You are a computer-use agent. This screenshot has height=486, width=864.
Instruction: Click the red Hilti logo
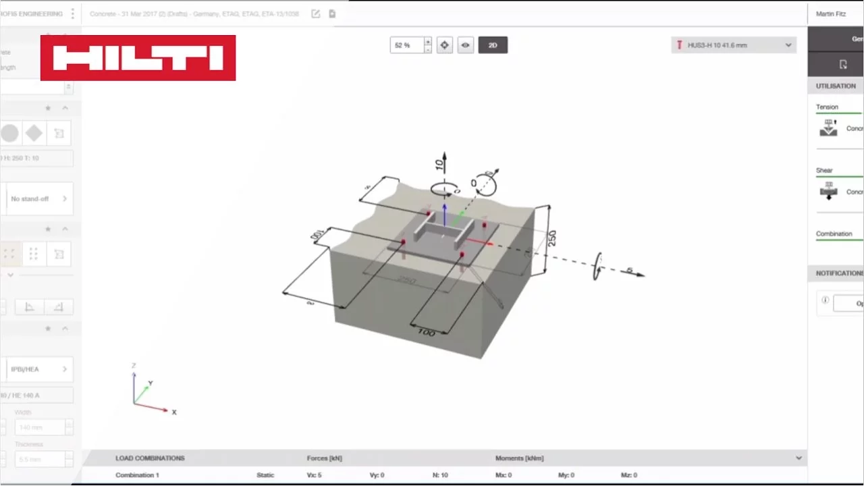[138, 58]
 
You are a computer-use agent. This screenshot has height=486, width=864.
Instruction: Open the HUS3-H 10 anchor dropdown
[734, 45]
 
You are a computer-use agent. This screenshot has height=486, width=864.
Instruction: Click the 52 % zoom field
[406, 45]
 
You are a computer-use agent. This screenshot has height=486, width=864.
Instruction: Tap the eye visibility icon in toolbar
[465, 45]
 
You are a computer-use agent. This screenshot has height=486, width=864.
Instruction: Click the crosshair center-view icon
[444, 45]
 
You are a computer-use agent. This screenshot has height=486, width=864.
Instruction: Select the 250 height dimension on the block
[551, 238]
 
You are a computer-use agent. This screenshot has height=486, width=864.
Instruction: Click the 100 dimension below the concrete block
[426, 332]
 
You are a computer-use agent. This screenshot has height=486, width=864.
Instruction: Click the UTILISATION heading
[836, 86]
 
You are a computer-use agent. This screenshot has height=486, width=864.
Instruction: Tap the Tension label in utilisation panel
[827, 107]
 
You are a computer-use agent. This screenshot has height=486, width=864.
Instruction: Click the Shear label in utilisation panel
[824, 171]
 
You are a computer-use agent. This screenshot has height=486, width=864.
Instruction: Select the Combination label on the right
[834, 234]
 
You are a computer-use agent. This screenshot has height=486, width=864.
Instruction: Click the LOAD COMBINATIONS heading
[150, 458]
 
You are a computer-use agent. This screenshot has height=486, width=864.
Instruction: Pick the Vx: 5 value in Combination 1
[315, 475]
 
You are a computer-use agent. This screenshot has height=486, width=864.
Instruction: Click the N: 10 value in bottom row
[440, 475]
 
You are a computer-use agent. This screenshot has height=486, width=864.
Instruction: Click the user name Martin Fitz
[830, 13]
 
